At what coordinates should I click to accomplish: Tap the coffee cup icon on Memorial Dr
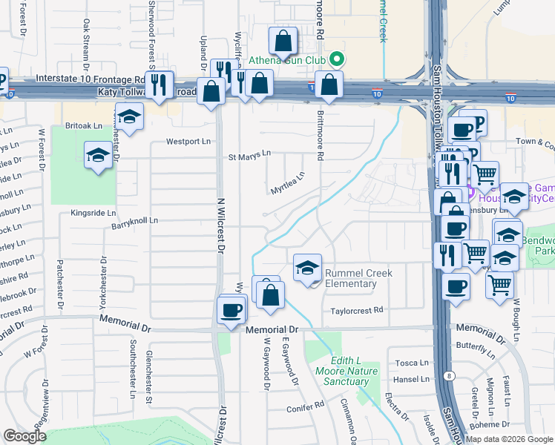tap(231, 309)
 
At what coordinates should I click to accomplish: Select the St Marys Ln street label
tap(249, 156)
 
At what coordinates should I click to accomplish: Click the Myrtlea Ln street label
tap(288, 183)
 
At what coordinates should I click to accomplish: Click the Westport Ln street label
tap(188, 141)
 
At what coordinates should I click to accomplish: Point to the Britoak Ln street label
tap(83, 126)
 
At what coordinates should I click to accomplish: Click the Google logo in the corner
tap(24, 436)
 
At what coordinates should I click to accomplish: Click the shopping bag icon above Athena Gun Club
tap(283, 42)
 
